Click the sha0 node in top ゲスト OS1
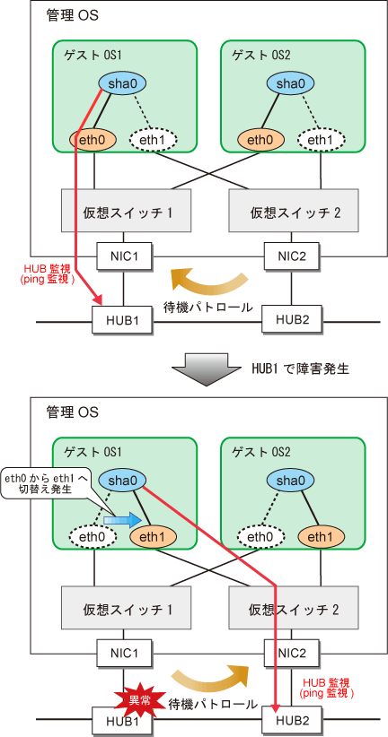(122, 83)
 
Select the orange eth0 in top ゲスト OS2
(260, 139)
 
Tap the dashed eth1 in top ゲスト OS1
(153, 139)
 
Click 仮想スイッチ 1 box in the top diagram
(127, 211)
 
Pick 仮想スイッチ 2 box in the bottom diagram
(294, 610)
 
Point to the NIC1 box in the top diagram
(123, 256)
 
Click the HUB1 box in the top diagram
(123, 320)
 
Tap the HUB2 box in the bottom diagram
(292, 719)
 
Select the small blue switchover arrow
(122, 519)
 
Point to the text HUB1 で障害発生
(298, 368)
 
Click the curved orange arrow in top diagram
(208, 282)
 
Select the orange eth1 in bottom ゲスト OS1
(153, 537)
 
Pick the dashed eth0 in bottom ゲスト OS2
(260, 537)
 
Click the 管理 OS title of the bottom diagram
(72, 412)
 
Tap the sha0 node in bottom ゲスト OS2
(290, 481)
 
